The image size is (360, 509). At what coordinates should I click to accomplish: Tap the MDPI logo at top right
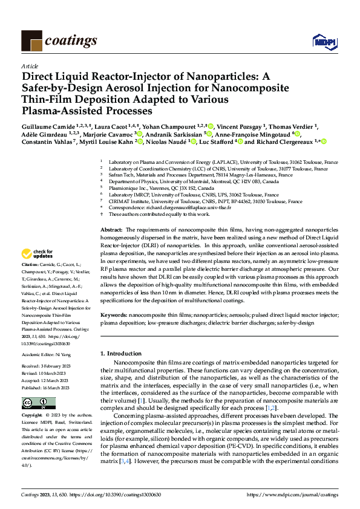click(324, 41)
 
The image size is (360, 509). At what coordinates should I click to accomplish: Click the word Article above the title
click(29, 66)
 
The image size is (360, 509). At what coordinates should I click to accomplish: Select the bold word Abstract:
click(111, 230)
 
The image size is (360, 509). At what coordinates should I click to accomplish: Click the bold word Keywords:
click(113, 315)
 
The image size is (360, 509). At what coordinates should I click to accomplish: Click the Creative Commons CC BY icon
click(39, 403)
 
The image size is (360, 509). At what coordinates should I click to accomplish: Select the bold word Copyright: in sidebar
click(31, 416)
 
